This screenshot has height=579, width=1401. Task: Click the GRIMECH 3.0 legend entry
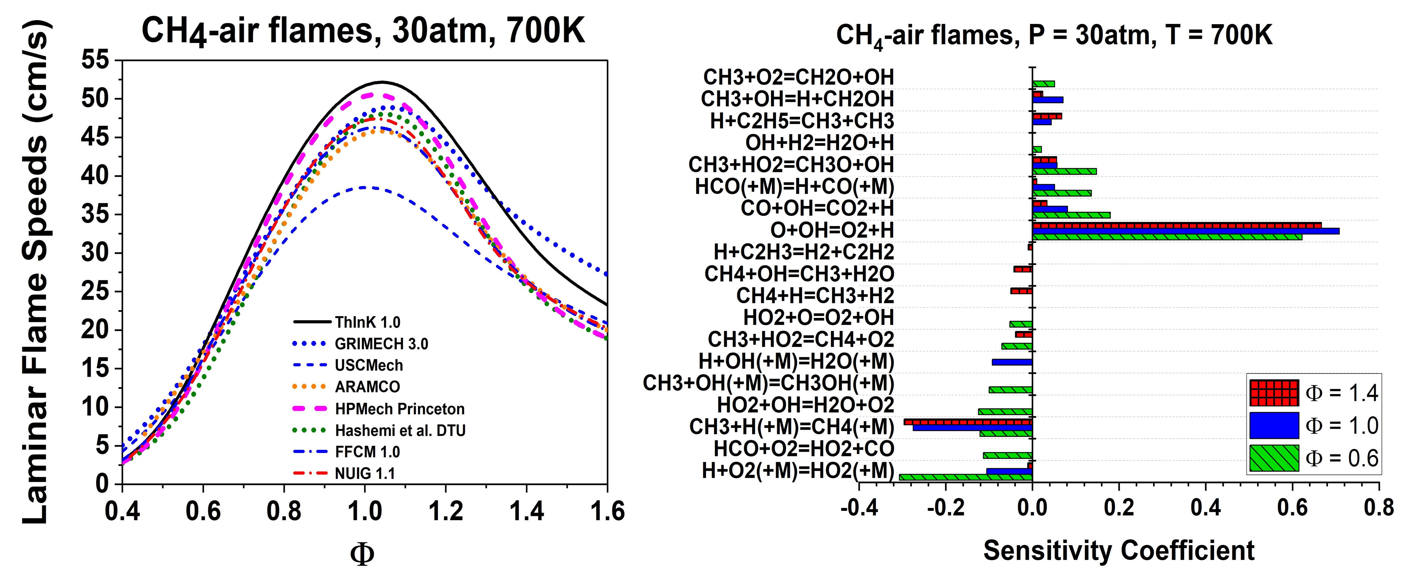click(381, 344)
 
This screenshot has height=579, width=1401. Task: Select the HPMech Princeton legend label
click(400, 409)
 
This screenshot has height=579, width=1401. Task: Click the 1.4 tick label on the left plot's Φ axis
click(526, 511)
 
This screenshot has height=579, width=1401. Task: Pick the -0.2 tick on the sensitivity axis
click(946, 508)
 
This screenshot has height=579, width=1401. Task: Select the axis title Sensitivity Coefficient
click(1119, 550)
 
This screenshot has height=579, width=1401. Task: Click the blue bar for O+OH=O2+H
click(1186, 231)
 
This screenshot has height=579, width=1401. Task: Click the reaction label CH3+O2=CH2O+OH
click(798, 77)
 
